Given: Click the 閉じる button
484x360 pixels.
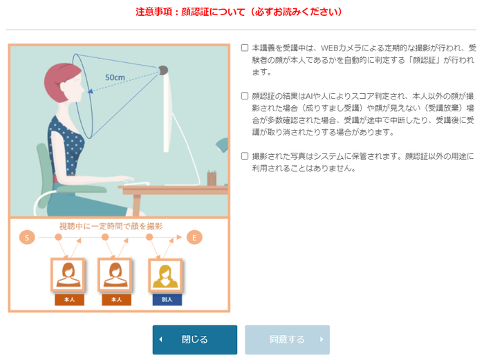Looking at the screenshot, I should coord(194,339).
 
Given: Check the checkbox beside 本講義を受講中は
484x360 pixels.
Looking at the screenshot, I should coord(245,48).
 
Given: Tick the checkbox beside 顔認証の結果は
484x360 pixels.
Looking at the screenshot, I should coord(245,96).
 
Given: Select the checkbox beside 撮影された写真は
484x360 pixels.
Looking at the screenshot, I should coord(245,156).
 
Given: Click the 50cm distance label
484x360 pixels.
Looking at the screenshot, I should coord(115,78).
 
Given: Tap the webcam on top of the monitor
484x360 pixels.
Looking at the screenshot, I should coord(163,70).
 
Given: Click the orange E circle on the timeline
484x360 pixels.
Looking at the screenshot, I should coord(195,238).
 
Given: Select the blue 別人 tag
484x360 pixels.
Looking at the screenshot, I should coord(167,300).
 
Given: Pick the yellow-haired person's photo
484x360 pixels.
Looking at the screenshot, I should coord(167,274).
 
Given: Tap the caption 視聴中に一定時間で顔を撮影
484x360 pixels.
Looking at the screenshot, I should coord(111,226).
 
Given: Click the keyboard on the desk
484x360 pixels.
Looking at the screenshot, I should coord(135,183).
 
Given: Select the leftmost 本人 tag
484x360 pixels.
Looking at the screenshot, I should coord(69,300).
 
